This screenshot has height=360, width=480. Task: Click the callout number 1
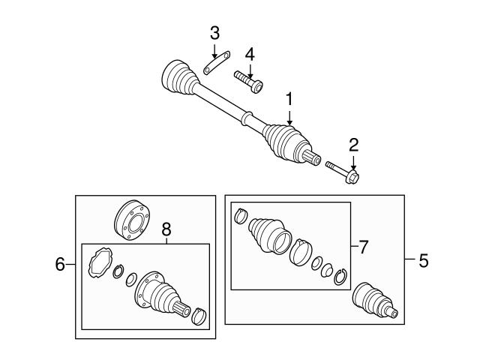(289, 98)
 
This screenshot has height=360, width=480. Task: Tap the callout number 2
(353, 145)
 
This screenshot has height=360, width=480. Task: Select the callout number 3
(214, 33)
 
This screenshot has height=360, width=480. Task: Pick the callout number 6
(61, 263)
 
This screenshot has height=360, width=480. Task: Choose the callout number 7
(363, 246)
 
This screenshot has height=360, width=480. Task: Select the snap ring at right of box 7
(341, 275)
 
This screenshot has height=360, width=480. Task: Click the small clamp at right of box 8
(199, 316)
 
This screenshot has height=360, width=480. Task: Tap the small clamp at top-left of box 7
(241, 217)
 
